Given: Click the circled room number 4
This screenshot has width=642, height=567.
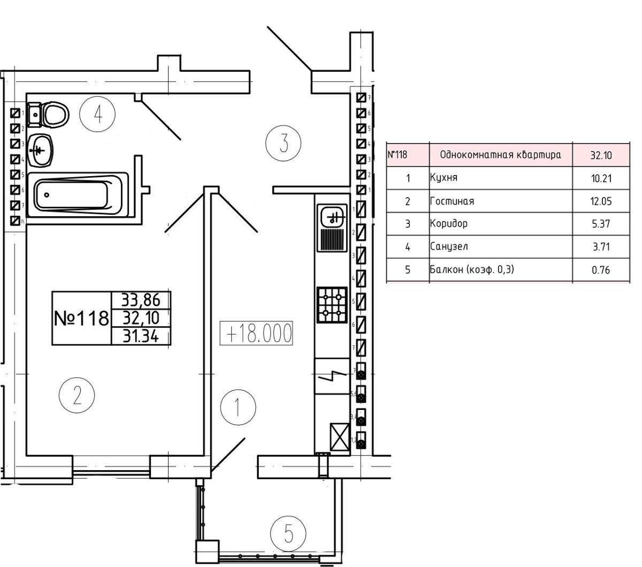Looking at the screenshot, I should [x=97, y=114].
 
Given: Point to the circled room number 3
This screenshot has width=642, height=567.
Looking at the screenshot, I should [x=284, y=143].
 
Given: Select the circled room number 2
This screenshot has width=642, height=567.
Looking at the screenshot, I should [x=77, y=396].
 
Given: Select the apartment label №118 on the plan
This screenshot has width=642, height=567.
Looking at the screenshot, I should [x=81, y=319].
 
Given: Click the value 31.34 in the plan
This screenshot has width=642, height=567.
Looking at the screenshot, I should [x=140, y=336].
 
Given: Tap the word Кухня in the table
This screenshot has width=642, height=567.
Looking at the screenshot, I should [x=444, y=178].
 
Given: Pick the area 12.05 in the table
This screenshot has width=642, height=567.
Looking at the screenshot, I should [x=601, y=201].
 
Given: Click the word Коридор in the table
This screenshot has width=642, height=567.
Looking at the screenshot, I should [x=448, y=224].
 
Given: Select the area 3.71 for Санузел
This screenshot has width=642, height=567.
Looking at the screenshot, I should [x=601, y=247].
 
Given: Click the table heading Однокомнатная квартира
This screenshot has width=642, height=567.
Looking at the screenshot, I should [x=500, y=155].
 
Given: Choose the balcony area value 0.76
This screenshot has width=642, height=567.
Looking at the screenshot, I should [x=601, y=270].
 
